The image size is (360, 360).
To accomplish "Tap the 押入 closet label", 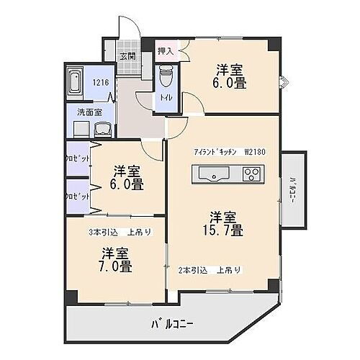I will [x=165, y=51].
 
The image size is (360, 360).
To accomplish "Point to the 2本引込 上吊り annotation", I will [x=210, y=270].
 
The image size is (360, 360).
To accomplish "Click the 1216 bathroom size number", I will [x=100, y=83].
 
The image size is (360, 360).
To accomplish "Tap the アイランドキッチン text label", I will [x=214, y=153].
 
